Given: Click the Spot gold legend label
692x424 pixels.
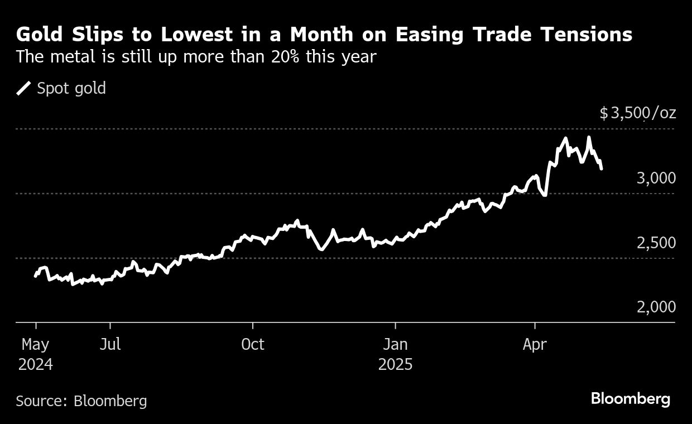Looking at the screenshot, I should pos(71,88).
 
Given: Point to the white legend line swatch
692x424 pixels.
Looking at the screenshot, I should pos(23,88).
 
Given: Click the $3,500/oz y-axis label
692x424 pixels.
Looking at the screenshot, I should pos(638,113).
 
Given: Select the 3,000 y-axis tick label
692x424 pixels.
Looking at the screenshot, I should pos(656,178).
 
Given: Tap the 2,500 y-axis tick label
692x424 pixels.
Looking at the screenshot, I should pos(656,243).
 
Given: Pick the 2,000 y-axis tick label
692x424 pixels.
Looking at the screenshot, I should pos(656,307).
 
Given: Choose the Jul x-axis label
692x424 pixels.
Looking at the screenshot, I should pos(110,344).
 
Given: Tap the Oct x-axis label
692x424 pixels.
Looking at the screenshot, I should pos(253,344).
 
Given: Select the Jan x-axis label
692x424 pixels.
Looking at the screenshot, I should pos(395,344).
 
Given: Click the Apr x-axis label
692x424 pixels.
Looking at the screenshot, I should pos(535,344).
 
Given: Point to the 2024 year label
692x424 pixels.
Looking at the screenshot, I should pos(35,364).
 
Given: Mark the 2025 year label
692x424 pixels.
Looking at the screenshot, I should pos(395,364).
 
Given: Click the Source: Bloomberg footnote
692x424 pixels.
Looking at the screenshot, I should pos(81,401).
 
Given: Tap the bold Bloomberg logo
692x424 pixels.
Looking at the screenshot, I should pos(631,399).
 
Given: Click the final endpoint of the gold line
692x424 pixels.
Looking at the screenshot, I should pos(601,168).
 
